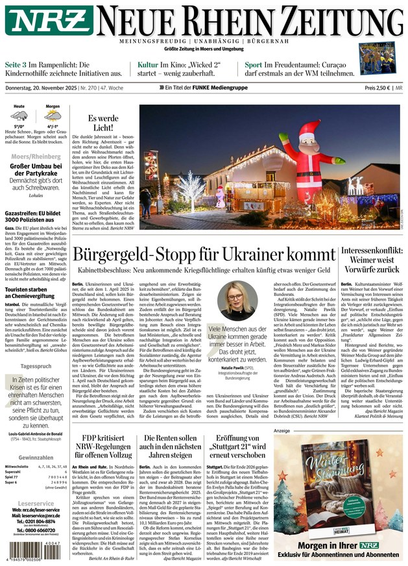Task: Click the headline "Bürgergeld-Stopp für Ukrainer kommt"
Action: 202,254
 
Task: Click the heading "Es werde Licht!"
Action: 103,123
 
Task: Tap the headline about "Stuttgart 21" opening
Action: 237,448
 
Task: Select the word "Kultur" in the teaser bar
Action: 148,66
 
